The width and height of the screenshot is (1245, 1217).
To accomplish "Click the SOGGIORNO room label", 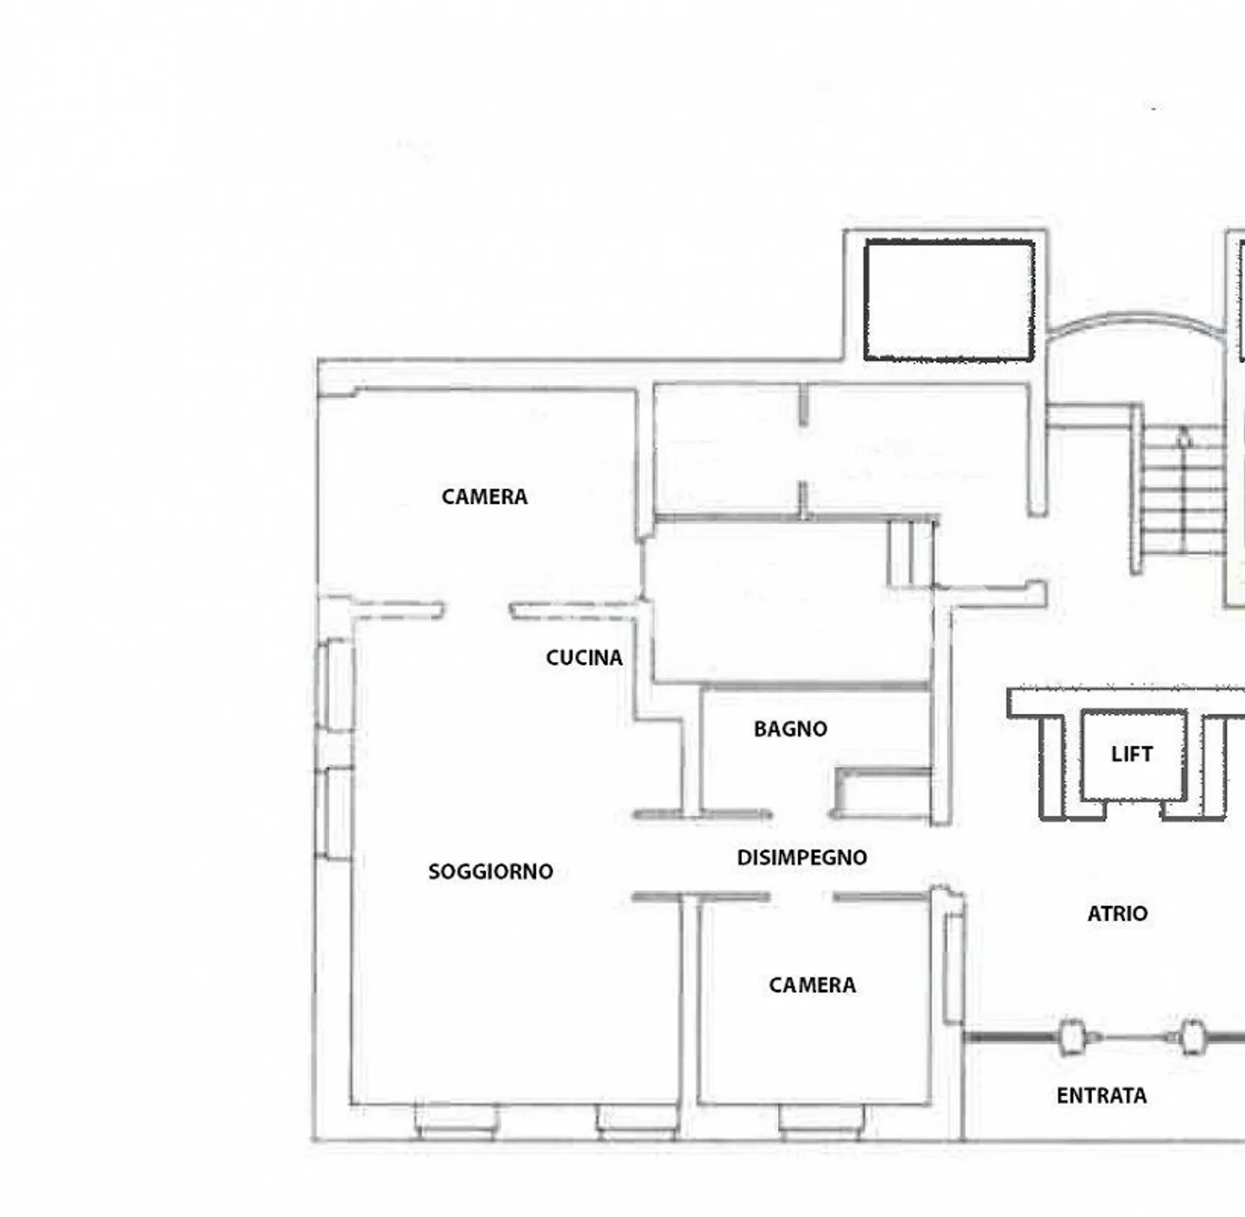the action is pos(491,871).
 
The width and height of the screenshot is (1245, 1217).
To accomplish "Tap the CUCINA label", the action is pos(584,658).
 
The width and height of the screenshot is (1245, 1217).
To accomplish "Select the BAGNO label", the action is pos(791,729).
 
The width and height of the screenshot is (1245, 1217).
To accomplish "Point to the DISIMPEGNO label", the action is pos(802,857).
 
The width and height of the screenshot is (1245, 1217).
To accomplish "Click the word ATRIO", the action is pos(1118,914).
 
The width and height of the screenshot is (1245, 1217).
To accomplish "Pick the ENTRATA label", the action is pos(1101,1096).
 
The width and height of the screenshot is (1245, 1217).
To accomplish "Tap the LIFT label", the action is pos(1133,755).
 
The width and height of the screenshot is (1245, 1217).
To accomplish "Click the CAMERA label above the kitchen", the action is pos(485,497).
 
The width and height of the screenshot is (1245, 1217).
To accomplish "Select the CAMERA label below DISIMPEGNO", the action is pos(813,985).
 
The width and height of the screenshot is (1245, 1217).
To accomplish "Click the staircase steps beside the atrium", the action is pos(1184,489).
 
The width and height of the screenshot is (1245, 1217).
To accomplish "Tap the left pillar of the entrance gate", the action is pos(1071,1036).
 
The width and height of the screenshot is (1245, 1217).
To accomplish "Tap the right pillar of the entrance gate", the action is pos(1192,1036).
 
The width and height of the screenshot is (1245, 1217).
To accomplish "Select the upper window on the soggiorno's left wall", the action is pos(335,684).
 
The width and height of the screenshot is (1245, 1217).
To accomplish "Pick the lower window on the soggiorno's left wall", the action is pos(334,812).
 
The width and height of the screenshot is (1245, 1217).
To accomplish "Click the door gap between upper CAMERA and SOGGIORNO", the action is pos(476,611).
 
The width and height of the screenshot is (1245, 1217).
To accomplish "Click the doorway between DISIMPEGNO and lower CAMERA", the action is pos(801,897).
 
